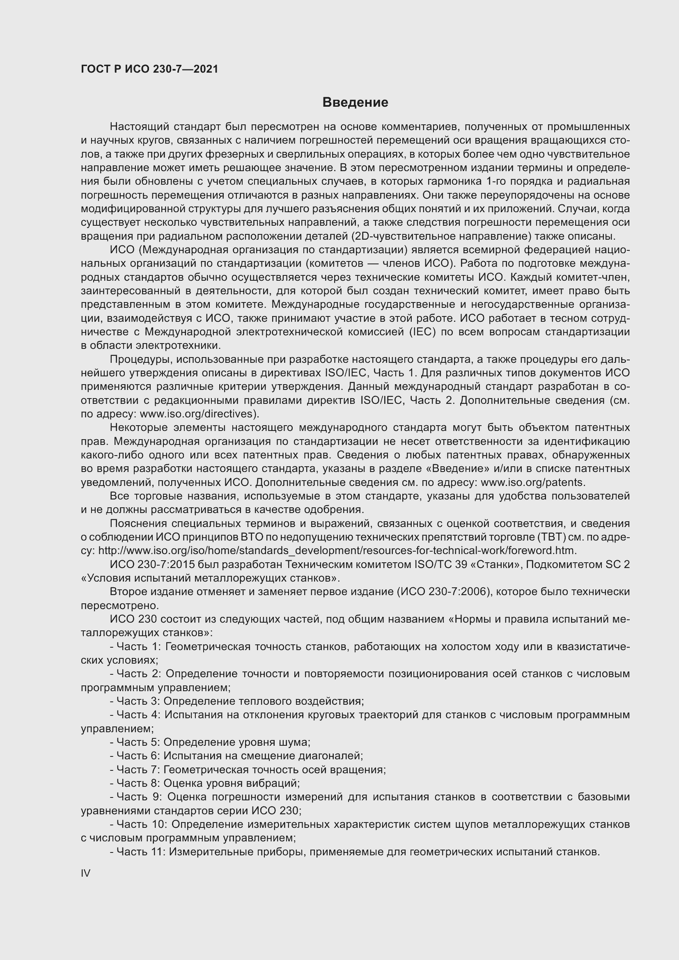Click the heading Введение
355,103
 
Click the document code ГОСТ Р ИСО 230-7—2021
150,69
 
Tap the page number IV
85,873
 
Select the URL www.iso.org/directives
198,414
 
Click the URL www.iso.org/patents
532,483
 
